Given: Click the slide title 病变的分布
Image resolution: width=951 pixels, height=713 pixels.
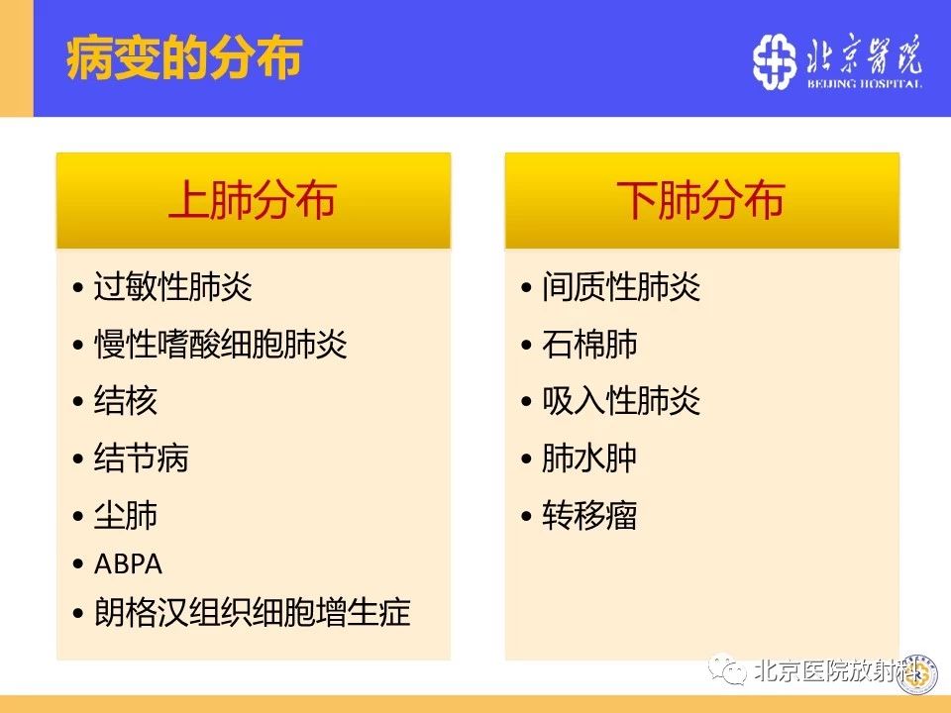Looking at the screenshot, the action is pyautogui.click(x=184, y=58).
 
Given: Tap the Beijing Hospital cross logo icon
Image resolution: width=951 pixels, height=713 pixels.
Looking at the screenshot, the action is pyautogui.click(x=774, y=61).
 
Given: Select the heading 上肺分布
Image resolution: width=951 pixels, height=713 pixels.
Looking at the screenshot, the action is pyautogui.click(x=253, y=199).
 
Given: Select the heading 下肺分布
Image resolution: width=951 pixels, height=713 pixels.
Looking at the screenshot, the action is pyautogui.click(x=701, y=199).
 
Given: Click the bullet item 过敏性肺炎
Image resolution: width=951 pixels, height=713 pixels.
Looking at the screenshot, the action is pyautogui.click(x=172, y=287).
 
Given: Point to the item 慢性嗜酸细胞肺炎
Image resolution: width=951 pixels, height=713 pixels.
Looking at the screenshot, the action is pyautogui.click(x=220, y=345).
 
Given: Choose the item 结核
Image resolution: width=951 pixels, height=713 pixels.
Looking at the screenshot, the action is pyautogui.click(x=126, y=401).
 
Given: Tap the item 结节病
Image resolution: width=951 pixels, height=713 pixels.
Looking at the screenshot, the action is pyautogui.click(x=142, y=458).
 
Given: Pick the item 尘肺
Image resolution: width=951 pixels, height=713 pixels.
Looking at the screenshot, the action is pyautogui.click(x=126, y=515).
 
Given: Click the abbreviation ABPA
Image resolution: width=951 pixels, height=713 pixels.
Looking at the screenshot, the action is pyautogui.click(x=128, y=563).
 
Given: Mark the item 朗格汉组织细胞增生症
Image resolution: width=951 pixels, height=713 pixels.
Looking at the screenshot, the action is pyautogui.click(x=253, y=612).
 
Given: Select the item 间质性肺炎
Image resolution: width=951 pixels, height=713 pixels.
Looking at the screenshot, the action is pyautogui.click(x=622, y=287).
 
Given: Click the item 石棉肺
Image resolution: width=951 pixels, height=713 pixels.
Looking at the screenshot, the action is pyautogui.click(x=589, y=345).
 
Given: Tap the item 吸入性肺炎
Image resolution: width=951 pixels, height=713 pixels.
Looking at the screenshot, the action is pyautogui.click(x=622, y=401).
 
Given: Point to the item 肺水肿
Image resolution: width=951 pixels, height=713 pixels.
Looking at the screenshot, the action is pyautogui.click(x=589, y=458).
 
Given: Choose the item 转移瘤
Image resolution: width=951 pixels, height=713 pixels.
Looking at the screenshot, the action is pyautogui.click(x=589, y=515).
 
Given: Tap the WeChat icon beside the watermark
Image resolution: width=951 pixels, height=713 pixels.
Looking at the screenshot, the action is pyautogui.click(x=728, y=669).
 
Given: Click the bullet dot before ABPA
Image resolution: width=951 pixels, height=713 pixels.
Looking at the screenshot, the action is pyautogui.click(x=77, y=564).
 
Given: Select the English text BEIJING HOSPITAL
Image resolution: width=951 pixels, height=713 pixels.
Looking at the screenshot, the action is pyautogui.click(x=864, y=83).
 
